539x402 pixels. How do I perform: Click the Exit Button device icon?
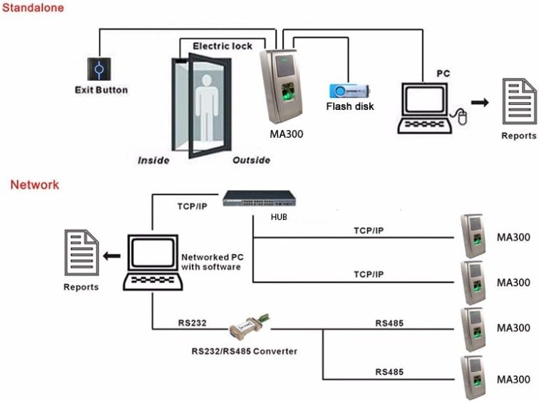pyautogui.click(x=99, y=69)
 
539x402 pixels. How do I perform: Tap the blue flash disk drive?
pyautogui.click(x=349, y=91)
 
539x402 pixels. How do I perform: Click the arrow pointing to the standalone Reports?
pyautogui.click(x=480, y=102)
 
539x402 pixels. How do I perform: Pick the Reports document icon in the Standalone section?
pyautogui.click(x=519, y=101)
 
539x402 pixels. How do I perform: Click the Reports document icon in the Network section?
pyautogui.click(x=82, y=253)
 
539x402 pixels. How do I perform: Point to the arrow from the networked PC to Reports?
pyautogui.click(x=112, y=256)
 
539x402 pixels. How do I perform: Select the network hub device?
pyautogui.click(x=260, y=199)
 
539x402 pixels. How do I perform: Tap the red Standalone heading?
pyautogui.click(x=33, y=8)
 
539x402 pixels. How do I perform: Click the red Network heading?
pyautogui.click(x=35, y=185)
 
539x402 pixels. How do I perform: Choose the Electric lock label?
pyautogui.click(x=222, y=46)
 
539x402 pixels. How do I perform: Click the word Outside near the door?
pyautogui.click(x=251, y=160)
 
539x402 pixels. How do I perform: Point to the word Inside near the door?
pyautogui.click(x=154, y=161)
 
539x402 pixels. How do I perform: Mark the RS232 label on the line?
pyautogui.click(x=192, y=323)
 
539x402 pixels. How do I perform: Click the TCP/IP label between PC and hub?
pyautogui.click(x=192, y=206)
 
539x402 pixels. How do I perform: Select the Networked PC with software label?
pyautogui.click(x=212, y=262)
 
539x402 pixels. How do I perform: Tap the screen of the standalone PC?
pyautogui.click(x=425, y=99)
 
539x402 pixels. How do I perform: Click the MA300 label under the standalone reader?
pyautogui.click(x=287, y=134)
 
